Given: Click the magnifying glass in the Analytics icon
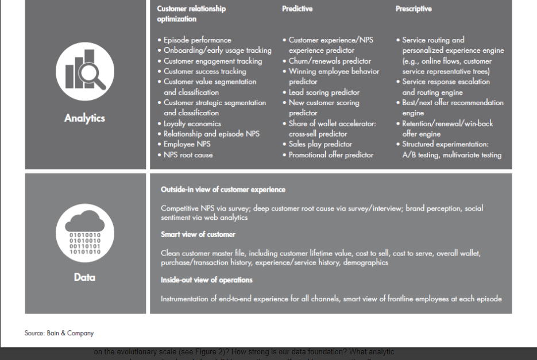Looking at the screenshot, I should [92, 76].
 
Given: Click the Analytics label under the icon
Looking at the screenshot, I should [84, 118].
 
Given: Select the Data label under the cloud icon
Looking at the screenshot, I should [84, 277].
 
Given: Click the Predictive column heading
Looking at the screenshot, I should [297, 9].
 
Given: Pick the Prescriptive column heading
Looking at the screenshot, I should [414, 9].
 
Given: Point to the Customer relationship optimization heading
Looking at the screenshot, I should [191, 14].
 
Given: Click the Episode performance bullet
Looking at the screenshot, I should [197, 40].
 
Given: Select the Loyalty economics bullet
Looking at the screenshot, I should [192, 123].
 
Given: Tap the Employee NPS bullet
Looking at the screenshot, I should [187, 144].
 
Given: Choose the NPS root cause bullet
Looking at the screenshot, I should [188, 155].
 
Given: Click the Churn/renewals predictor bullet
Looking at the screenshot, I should [330, 61].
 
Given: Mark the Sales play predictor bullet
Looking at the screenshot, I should [320, 144].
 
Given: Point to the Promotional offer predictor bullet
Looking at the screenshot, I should [331, 155].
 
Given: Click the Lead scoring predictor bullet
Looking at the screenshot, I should [324, 92].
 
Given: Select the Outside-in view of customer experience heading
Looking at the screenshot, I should [223, 189].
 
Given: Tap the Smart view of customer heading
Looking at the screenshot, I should [198, 234].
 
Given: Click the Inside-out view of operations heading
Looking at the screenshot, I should [207, 280].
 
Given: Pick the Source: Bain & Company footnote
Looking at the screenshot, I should [59, 333].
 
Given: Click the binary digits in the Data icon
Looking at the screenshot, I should [85, 243].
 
